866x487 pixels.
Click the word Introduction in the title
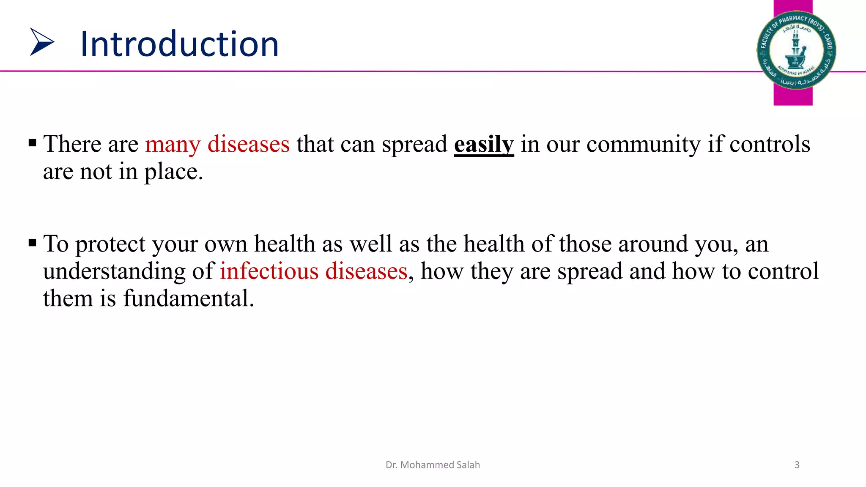[x=179, y=44]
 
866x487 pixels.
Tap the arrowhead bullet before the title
[x=41, y=42]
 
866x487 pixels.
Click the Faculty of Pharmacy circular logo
[x=796, y=50]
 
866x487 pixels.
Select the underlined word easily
[x=484, y=145]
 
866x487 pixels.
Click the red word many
[x=173, y=145]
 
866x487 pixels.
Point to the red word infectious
[x=269, y=271]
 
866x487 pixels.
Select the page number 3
[x=797, y=465]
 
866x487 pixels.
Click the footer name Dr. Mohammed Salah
[x=433, y=465]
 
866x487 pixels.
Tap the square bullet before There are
[x=33, y=143]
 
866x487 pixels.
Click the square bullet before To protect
[x=33, y=243]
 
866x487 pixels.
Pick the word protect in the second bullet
[x=110, y=244]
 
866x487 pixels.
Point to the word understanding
[x=114, y=271]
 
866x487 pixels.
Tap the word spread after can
[x=414, y=145]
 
